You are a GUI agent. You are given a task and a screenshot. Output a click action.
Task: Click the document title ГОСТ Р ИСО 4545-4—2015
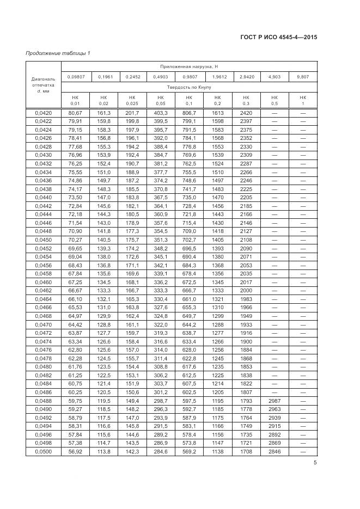(x=278, y=38)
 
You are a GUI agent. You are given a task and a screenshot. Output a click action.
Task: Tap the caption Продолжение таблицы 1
(x=58, y=53)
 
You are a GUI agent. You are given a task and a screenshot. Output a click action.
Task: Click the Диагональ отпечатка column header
(x=43, y=84)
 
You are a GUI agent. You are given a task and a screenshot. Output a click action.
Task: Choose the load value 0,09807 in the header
(x=75, y=77)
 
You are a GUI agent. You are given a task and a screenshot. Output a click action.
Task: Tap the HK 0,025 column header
(x=132, y=100)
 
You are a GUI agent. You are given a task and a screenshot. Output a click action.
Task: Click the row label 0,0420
(x=43, y=113)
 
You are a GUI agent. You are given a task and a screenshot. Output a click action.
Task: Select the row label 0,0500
(x=43, y=451)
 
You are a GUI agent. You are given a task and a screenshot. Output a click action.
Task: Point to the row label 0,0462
(x=43, y=291)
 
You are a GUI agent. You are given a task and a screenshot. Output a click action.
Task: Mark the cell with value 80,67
(x=75, y=113)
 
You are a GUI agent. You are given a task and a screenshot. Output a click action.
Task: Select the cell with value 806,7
(x=189, y=113)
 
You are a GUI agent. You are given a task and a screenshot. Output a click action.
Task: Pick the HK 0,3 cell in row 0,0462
(x=246, y=291)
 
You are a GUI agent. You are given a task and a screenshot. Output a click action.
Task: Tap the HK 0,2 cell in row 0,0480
(x=218, y=367)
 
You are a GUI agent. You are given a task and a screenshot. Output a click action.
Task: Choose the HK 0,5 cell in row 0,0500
(x=274, y=451)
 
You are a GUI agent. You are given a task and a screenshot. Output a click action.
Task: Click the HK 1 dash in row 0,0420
(x=303, y=113)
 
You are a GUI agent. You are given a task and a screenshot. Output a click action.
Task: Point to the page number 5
(x=315, y=463)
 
